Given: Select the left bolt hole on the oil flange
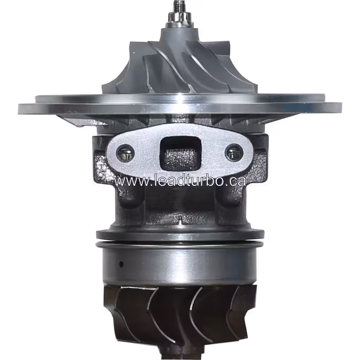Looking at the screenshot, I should (x=125, y=153).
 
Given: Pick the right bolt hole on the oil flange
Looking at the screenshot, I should (x=234, y=153).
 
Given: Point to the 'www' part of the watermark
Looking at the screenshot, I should (x=128, y=181).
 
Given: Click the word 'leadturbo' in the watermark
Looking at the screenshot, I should (x=183, y=181).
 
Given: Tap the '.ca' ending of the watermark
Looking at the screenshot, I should (x=235, y=181).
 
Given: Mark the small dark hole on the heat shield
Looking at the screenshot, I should (x=121, y=264).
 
